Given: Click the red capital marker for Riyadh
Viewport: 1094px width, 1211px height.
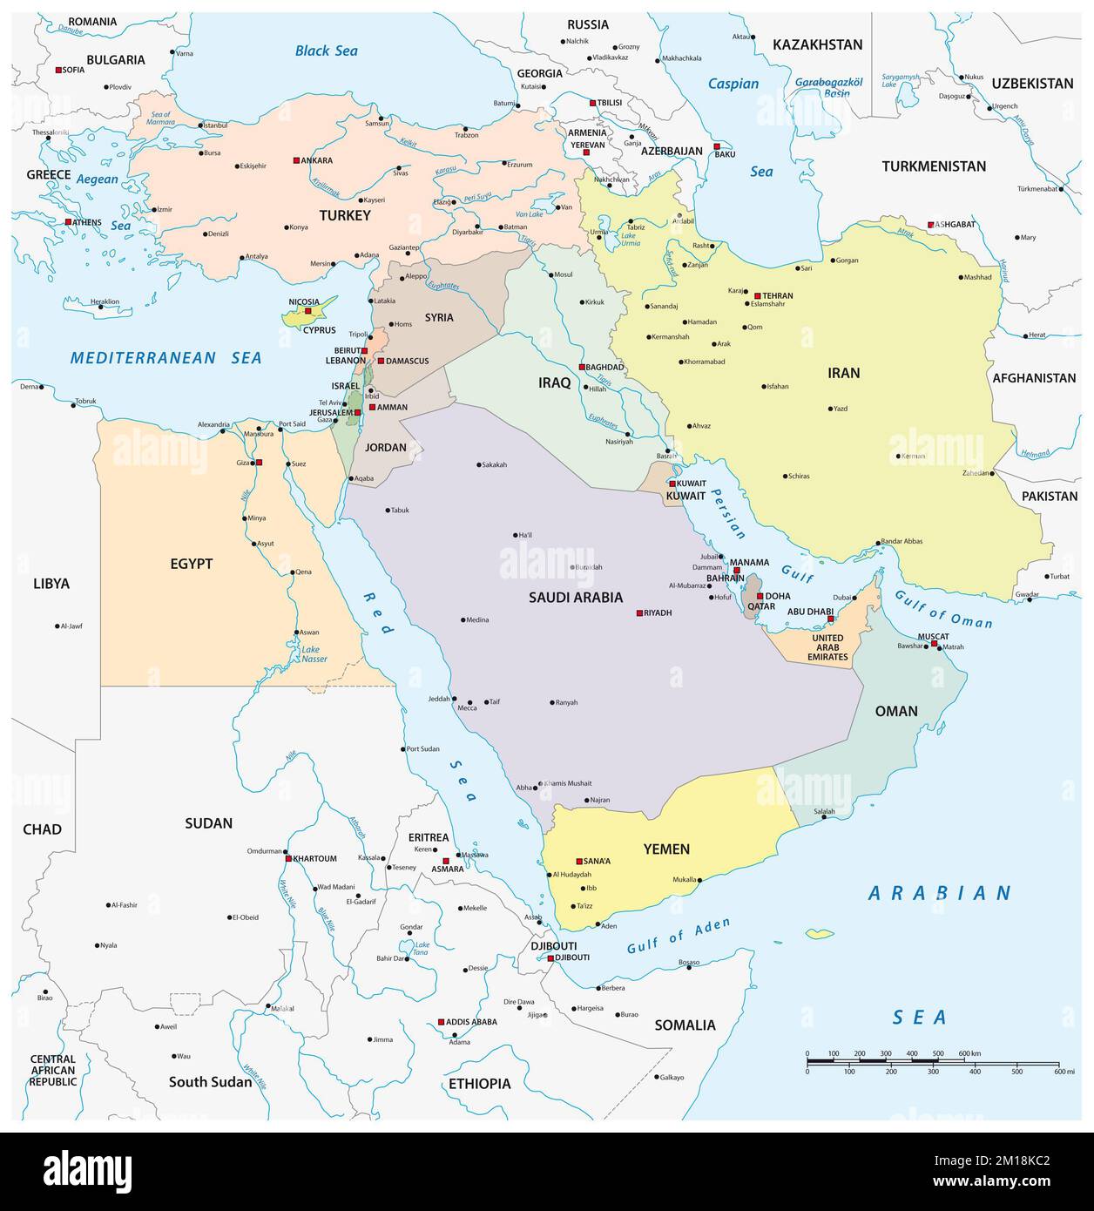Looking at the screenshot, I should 639,612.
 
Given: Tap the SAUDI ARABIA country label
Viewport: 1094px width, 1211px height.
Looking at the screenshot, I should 576,598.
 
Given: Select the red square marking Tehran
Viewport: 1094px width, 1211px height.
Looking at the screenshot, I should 758,296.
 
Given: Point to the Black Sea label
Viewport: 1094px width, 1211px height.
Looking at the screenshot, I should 326,51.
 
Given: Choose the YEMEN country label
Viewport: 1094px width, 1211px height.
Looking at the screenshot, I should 666,849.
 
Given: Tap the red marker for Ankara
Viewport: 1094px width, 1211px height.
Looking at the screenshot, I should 296,160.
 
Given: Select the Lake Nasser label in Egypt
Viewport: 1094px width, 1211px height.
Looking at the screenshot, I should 310,654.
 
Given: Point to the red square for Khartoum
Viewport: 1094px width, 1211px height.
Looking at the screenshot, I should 288,858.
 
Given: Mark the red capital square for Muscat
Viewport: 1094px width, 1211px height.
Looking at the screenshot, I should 934,643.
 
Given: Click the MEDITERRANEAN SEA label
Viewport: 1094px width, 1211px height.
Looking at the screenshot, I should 165,357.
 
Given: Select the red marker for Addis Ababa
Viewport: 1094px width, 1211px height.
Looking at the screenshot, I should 441,1022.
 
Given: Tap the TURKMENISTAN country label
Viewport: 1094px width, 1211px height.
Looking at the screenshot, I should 933,166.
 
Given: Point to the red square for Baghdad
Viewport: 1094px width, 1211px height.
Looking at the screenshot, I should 583,367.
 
